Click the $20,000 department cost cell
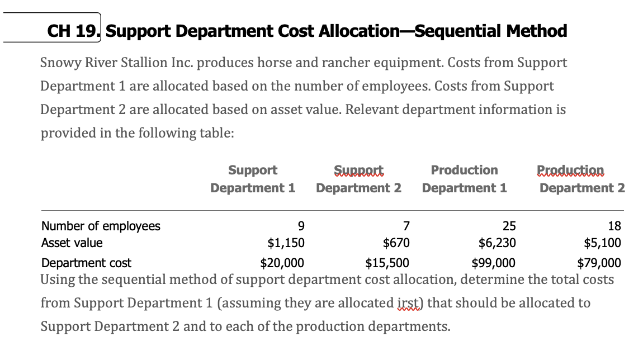282,263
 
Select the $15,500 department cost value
387,263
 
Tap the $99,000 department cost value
494,263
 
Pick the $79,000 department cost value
599,263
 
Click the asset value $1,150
286,243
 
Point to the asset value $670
396,243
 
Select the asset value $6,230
498,243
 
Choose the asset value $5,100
602,243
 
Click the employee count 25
509,226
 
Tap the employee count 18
614,226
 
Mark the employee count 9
301,226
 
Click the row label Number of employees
101,226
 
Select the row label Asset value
72,243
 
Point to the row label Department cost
87,263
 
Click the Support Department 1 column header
253,179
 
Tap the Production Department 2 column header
581,179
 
